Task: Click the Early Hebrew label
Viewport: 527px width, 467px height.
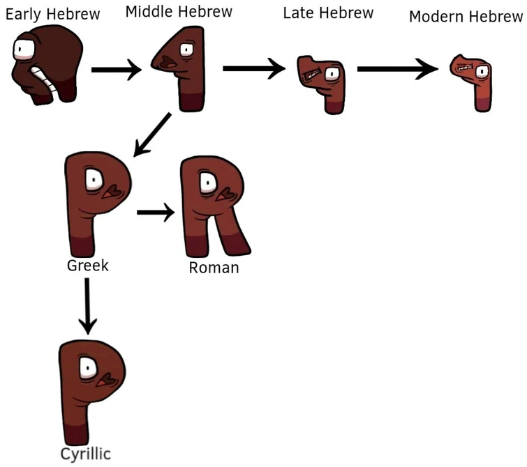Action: pyautogui.click(x=52, y=14)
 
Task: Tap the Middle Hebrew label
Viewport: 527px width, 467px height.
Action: pyautogui.click(x=179, y=12)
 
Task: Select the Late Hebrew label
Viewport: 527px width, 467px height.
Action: pyautogui.click(x=328, y=13)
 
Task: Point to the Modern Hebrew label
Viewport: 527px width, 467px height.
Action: pyautogui.click(x=466, y=16)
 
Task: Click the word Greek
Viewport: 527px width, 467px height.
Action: pyautogui.click(x=88, y=266)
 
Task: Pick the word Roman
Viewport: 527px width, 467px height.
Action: pyautogui.click(x=214, y=267)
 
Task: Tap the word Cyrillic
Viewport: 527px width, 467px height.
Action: pyautogui.click(x=84, y=454)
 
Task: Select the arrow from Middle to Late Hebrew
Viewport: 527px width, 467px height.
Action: pyautogui.click(x=253, y=68)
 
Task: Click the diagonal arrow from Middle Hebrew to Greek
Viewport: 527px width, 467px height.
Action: pyautogui.click(x=153, y=132)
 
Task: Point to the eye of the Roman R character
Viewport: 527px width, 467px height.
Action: pyautogui.click(x=208, y=183)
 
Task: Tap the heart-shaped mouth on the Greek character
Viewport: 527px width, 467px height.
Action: pyautogui.click(x=110, y=191)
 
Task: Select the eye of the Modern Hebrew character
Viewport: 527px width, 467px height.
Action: pyautogui.click(x=480, y=70)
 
